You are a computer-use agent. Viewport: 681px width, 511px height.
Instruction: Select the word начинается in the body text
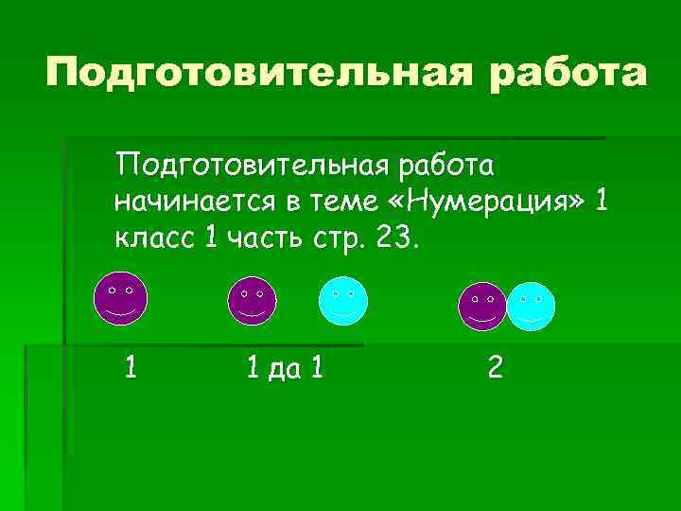(192, 201)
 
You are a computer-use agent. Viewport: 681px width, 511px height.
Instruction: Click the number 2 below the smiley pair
(496, 366)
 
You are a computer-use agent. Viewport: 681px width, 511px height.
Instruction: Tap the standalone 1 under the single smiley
(131, 366)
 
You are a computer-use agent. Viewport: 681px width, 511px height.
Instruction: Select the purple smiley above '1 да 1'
(253, 300)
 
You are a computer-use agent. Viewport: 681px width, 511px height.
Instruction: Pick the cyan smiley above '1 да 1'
(342, 301)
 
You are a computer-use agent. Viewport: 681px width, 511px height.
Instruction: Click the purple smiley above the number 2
(482, 305)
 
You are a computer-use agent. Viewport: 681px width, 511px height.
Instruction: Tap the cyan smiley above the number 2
(531, 305)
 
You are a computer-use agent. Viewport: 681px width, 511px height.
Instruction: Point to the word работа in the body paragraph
(445, 167)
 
